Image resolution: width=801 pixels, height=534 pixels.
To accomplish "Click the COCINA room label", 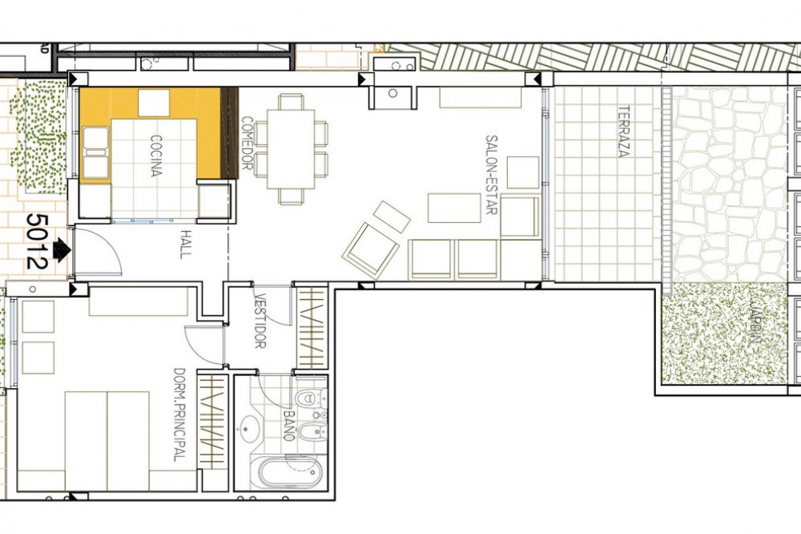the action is tap(156, 156).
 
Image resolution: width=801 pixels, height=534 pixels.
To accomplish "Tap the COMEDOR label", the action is tap(247, 143).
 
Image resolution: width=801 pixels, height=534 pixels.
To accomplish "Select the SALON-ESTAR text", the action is tap(492, 175).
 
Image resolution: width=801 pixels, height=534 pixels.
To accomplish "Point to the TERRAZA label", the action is tap(622, 131).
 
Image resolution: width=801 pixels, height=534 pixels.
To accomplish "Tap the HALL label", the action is tap(186, 245).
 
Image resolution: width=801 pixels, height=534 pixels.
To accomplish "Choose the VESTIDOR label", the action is tap(260, 322).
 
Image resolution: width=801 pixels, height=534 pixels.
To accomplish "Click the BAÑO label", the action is tap(290, 426).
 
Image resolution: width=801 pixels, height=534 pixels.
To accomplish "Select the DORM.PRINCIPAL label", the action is tap(179, 415).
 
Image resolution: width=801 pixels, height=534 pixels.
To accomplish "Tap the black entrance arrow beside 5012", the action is tap(62, 251).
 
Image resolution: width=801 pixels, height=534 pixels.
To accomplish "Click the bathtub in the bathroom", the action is tap(286, 472).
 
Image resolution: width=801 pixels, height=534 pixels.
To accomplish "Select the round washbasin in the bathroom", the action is tap(250, 428).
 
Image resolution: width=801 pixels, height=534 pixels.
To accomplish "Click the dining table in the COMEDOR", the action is tap(291, 149).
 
